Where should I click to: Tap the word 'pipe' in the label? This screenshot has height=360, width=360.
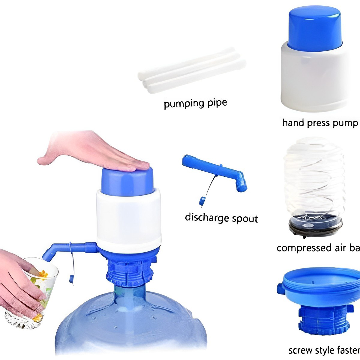click(217, 103)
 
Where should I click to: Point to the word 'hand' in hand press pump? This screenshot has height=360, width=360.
click(294, 123)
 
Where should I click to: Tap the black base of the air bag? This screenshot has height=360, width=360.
click(315, 228)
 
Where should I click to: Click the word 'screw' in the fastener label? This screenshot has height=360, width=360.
click(300, 350)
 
